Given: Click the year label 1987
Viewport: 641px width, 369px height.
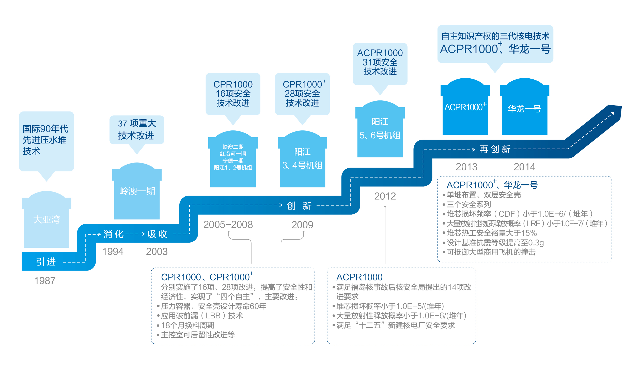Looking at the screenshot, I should (x=45, y=281).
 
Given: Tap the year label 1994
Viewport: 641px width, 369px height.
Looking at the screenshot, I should (x=113, y=252).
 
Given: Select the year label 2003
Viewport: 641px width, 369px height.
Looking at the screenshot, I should (x=157, y=252).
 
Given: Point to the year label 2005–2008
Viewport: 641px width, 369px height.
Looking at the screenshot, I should (x=228, y=225).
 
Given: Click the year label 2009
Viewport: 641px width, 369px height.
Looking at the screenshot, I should (x=302, y=225).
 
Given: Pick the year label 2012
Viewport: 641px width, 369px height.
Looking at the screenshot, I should (x=385, y=196).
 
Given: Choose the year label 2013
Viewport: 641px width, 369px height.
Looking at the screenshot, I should (x=466, y=167).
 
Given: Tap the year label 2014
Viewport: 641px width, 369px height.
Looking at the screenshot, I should (x=524, y=167).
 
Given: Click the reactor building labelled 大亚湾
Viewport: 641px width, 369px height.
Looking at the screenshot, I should (x=46, y=219).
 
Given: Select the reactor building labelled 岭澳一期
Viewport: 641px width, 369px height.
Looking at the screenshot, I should (x=137, y=191).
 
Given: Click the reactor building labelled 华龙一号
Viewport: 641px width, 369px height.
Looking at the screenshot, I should (x=524, y=109).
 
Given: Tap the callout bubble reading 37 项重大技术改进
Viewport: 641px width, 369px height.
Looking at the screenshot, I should (x=137, y=130).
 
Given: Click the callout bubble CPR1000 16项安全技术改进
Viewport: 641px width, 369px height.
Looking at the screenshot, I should (x=233, y=94).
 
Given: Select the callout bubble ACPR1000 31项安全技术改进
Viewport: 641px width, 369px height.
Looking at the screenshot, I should (x=380, y=63).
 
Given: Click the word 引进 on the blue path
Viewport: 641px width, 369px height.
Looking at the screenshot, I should (x=46, y=262).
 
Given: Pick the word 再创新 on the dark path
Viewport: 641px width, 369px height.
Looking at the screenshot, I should (x=495, y=149).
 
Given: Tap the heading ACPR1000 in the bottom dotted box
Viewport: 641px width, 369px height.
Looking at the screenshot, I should (x=359, y=277).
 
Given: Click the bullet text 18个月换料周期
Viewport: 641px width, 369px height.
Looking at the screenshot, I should (x=188, y=325).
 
